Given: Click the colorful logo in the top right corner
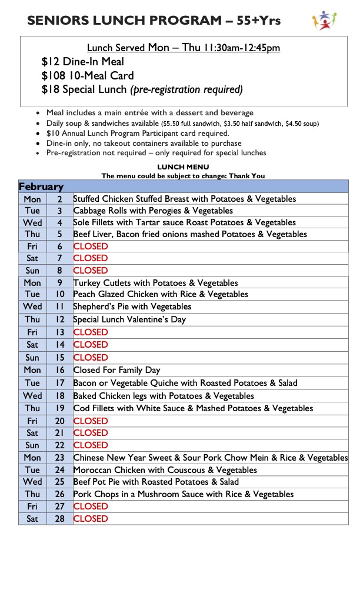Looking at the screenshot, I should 325,20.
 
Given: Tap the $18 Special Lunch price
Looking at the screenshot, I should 49,90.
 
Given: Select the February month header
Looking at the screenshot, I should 41,186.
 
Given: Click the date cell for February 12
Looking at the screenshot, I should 59,319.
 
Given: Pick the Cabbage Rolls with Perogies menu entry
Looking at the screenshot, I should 153,211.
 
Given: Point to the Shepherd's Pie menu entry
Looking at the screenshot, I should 132,307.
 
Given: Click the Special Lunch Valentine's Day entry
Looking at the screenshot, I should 129,319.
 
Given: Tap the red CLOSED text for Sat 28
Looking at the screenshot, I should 91,519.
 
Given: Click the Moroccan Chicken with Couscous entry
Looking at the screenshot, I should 165,470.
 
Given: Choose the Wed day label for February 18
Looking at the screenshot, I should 32,396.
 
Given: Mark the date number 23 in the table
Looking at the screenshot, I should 59,458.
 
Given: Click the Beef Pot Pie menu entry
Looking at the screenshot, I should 156,482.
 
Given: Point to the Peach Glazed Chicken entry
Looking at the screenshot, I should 161,294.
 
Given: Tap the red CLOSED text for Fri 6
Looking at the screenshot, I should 91,246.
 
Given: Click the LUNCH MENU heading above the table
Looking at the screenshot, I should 183,167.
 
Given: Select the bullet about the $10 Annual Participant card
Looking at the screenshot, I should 138,134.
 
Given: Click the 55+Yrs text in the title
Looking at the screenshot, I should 259,21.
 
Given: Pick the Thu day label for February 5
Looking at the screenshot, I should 32,234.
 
